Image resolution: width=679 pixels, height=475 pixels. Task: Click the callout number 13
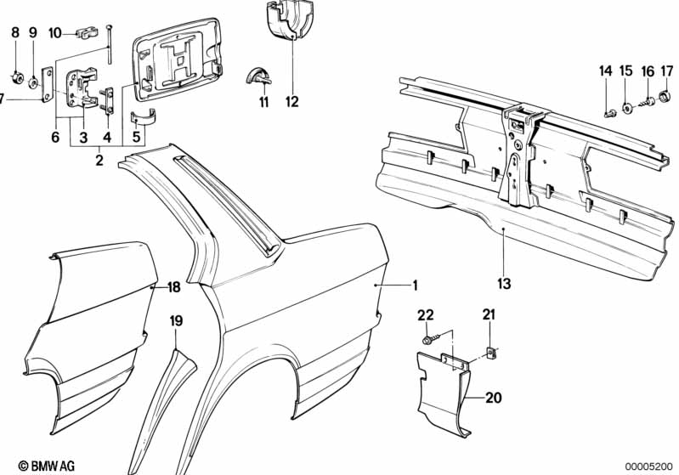[x=504, y=284]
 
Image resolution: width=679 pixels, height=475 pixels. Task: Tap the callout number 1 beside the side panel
[x=415, y=286]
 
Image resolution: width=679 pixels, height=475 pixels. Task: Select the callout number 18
[x=173, y=286]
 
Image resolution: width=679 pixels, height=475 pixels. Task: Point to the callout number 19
[x=176, y=321]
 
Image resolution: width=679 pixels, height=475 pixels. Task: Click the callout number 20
[x=493, y=397]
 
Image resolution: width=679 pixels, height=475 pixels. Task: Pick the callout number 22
[x=425, y=314]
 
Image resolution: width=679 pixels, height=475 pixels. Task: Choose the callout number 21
[x=489, y=314]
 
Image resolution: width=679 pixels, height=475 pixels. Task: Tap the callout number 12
[x=292, y=102]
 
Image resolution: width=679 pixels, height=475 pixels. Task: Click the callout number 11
[x=263, y=102]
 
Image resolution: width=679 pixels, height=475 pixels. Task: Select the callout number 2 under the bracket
[x=99, y=161]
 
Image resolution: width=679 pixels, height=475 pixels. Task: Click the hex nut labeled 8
[x=15, y=80]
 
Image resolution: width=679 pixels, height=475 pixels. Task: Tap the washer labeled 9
[x=33, y=82]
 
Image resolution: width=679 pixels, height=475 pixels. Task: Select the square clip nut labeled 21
[x=491, y=353]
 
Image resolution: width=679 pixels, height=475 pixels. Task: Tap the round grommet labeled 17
[x=664, y=96]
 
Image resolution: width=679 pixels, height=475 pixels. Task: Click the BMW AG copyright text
[x=47, y=466]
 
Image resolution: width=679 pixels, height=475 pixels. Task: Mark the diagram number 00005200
[x=648, y=467]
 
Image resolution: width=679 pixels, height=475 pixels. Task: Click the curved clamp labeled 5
[x=144, y=117]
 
